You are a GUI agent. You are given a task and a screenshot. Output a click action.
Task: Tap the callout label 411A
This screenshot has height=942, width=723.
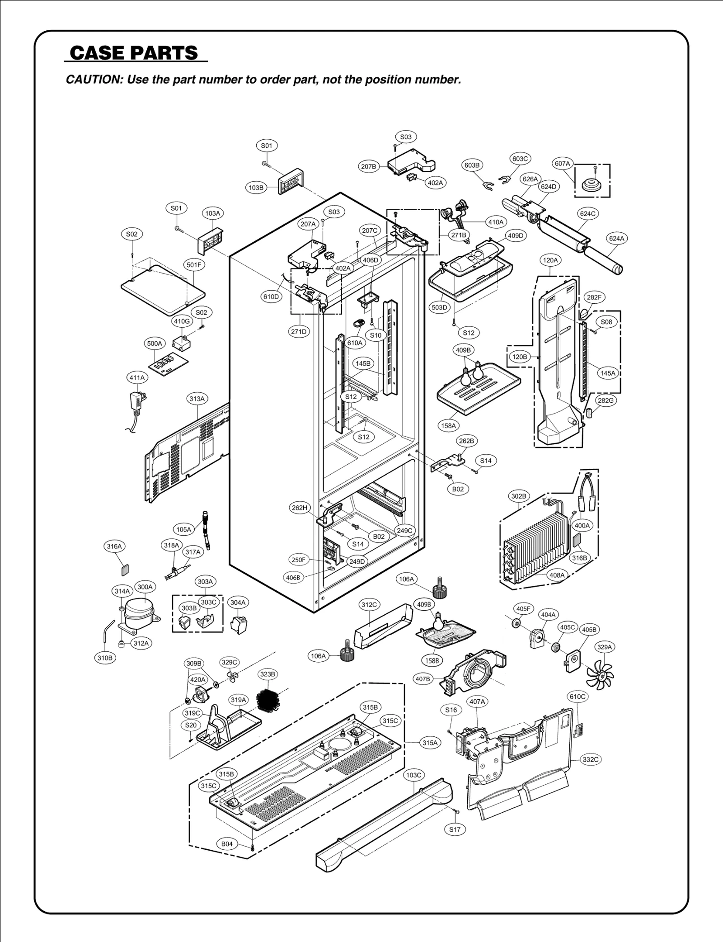pyautogui.click(x=137, y=377)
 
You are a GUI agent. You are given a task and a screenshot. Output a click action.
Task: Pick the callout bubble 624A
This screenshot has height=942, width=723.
pyautogui.click(x=617, y=238)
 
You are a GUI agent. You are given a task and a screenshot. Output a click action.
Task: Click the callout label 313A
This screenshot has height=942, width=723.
pyautogui.click(x=197, y=399)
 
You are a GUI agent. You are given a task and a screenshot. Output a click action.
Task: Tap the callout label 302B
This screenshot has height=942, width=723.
pyautogui.click(x=519, y=496)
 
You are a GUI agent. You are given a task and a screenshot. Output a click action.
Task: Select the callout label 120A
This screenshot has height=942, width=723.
pyautogui.click(x=550, y=260)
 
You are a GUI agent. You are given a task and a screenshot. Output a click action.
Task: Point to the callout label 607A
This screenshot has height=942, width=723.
pyautogui.click(x=563, y=164)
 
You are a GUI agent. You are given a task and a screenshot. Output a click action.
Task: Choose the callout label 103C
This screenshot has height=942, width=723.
pyautogui.click(x=413, y=775)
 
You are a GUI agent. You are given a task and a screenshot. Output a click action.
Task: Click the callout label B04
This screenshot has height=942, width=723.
pyautogui.click(x=227, y=844)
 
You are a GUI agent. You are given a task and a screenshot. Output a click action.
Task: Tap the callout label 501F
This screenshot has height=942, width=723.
pyautogui.click(x=194, y=264)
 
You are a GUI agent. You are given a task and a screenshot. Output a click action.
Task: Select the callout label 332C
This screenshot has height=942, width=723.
pyautogui.click(x=591, y=759)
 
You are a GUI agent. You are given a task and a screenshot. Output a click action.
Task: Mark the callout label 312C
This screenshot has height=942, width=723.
pyautogui.click(x=369, y=604)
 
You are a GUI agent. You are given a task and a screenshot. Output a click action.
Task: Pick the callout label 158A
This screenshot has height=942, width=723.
pyautogui.click(x=449, y=425)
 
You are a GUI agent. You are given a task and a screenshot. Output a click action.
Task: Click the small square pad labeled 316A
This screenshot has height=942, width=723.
pyautogui.click(x=125, y=569)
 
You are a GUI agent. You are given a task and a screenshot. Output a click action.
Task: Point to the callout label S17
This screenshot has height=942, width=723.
pyautogui.click(x=455, y=829)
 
